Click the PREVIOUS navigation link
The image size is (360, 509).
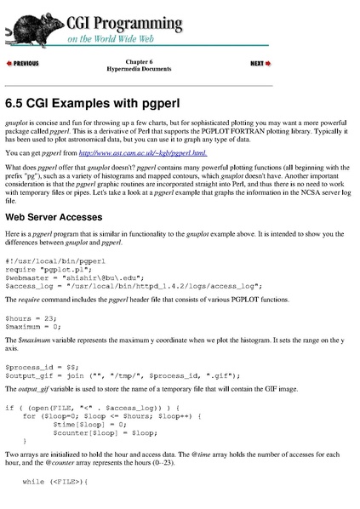pyautogui.click(x=23, y=64)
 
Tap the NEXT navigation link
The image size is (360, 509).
pyautogui.click(x=260, y=64)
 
